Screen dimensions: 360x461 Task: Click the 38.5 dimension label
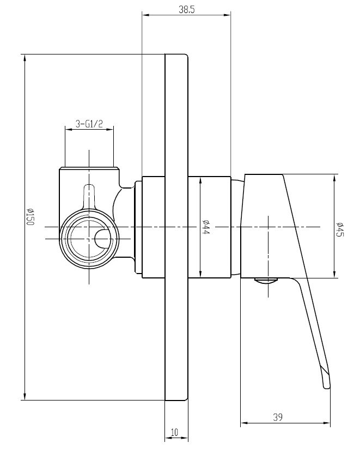(187, 9)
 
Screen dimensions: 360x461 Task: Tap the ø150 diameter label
(30, 217)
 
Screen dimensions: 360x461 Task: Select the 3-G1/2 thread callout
(89, 124)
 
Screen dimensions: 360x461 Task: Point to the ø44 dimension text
(206, 227)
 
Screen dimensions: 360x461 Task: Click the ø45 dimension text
(340, 229)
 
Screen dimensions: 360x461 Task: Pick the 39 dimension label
(278, 417)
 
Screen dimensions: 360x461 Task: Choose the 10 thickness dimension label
(175, 432)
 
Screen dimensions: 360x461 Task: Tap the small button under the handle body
(266, 281)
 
